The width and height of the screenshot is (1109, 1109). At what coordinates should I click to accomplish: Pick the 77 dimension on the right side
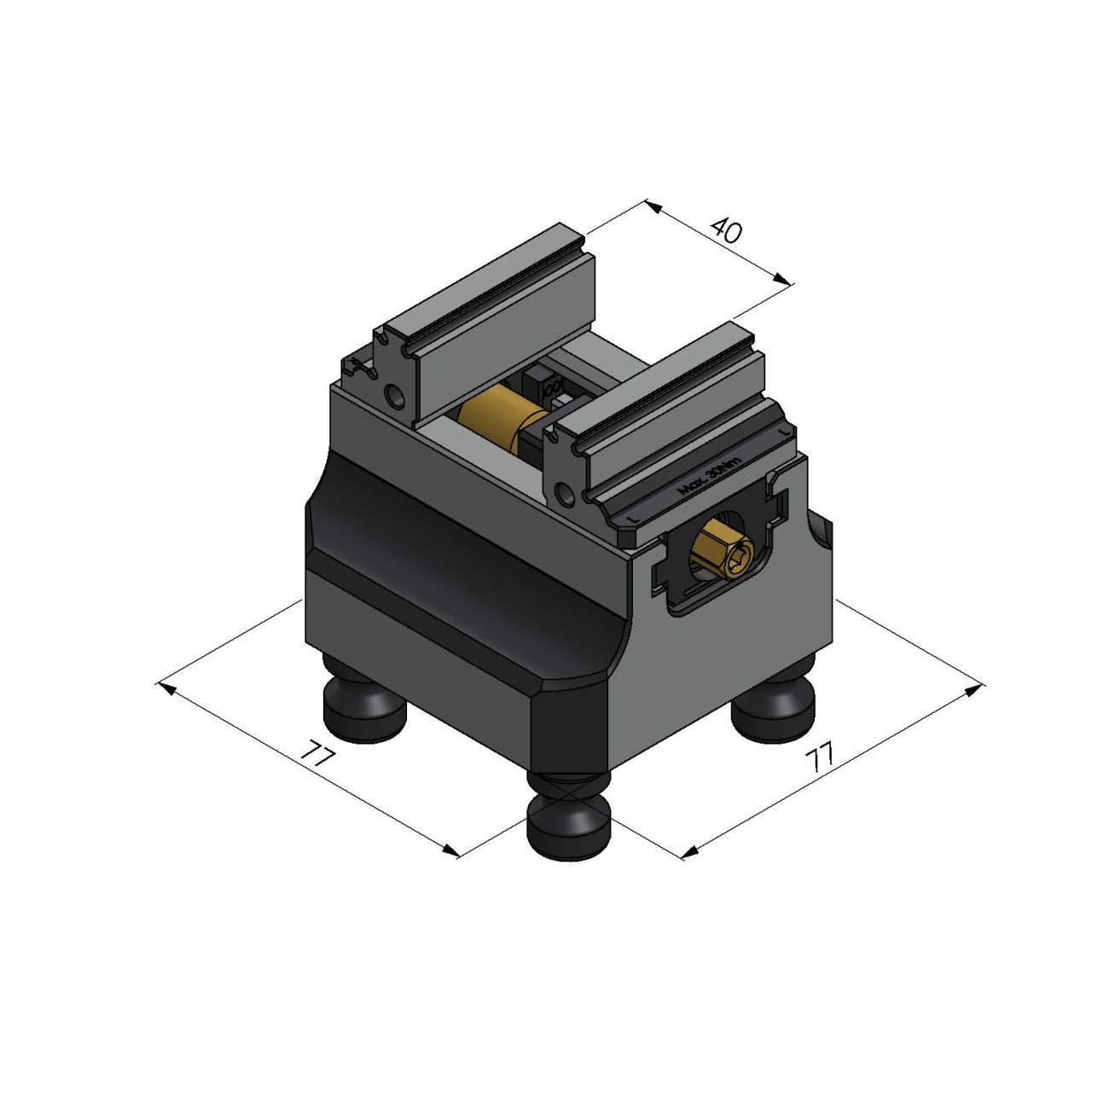(x=820, y=758)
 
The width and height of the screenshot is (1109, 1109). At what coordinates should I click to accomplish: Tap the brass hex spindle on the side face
(x=722, y=554)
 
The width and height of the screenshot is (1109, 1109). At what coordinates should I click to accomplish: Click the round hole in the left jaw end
(x=395, y=396)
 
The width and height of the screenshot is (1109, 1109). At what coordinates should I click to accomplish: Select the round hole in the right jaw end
(x=562, y=492)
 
